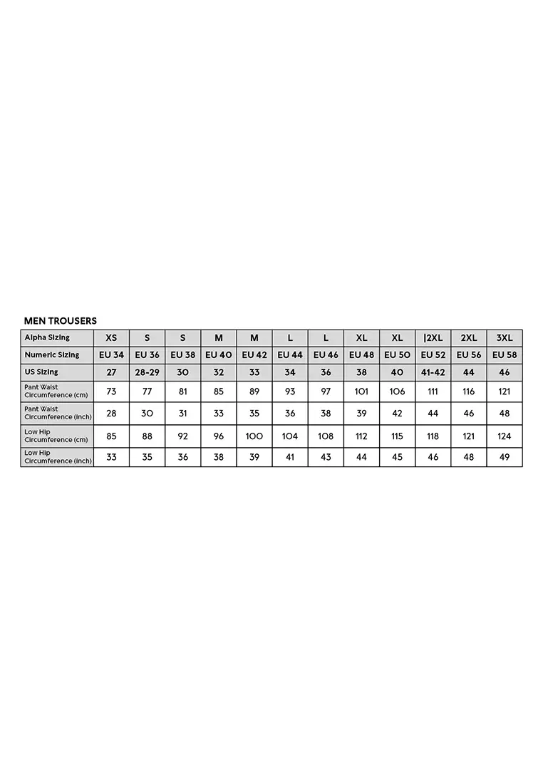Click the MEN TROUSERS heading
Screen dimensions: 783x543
[61, 321]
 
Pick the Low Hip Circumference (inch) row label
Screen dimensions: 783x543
[58, 457]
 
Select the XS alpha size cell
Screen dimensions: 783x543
[111, 338]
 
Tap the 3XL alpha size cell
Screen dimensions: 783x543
[505, 338]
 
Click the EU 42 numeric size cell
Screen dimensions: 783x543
[254, 354]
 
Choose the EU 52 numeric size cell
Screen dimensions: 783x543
[433, 354]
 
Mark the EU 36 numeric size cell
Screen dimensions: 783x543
[147, 354]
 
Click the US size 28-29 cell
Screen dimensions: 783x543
[147, 372]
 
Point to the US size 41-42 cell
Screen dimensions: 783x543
[433, 372]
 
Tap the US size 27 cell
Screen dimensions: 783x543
[111, 372]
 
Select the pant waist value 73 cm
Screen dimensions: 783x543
[111, 392]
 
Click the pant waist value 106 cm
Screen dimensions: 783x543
[397, 392]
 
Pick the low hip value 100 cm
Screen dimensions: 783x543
[254, 436]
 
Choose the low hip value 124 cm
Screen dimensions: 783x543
[505, 436]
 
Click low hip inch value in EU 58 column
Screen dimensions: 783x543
[505, 457]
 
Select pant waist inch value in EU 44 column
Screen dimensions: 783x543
[290, 414]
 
